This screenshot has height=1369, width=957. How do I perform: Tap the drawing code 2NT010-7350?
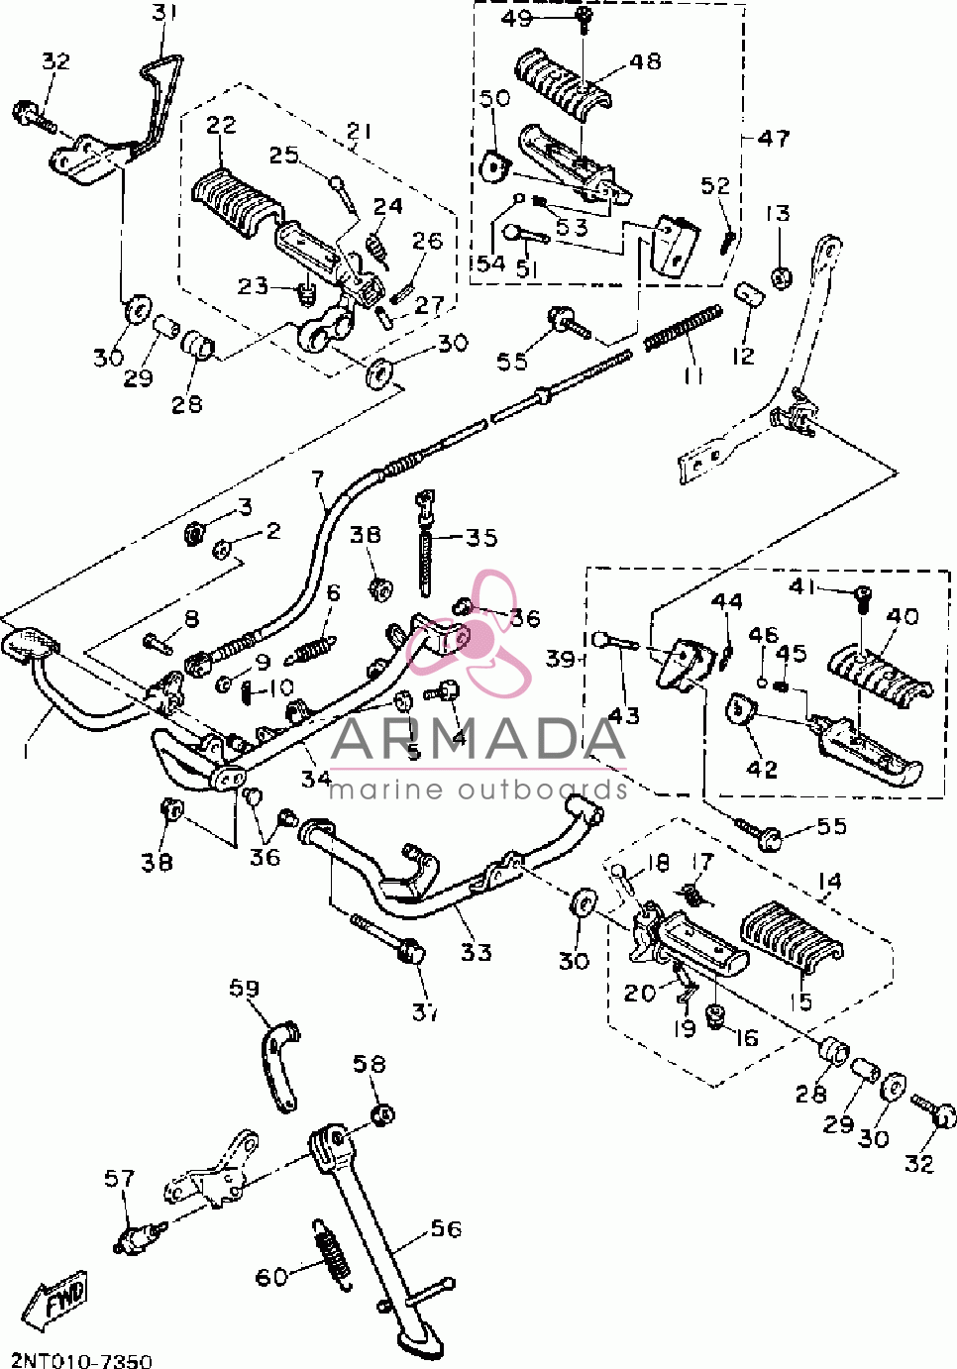pos(82,1360)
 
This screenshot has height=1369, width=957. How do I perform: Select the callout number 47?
pos(773,138)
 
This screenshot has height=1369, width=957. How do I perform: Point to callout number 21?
pos(360,131)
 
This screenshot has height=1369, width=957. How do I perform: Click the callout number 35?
pos(481,537)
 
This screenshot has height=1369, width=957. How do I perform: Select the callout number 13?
pos(778,213)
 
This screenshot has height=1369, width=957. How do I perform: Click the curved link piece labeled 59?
pos(278,1067)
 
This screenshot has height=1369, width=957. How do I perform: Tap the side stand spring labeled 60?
pos(333,1253)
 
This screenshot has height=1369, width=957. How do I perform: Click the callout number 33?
pos(477,952)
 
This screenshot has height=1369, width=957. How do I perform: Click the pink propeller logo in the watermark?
pos(470,636)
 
